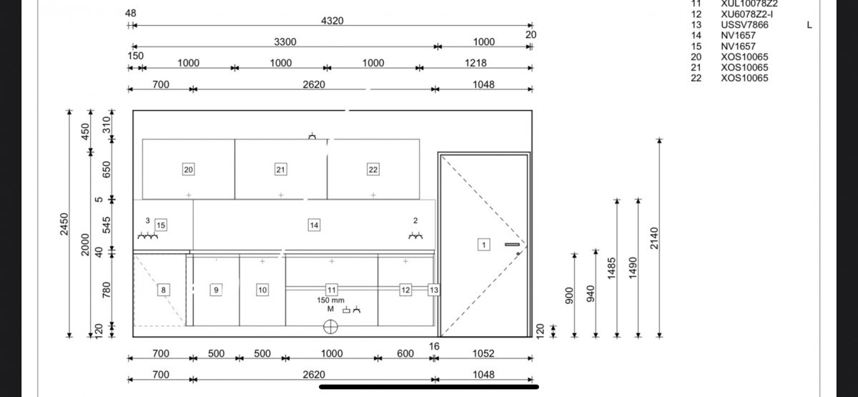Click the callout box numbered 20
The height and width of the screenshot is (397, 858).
[x=188, y=170]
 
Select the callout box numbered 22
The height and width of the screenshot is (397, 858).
[x=373, y=170]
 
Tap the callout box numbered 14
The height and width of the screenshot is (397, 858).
[x=314, y=225]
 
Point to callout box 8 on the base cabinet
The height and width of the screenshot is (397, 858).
[x=164, y=290]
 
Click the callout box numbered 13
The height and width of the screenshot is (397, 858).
[x=433, y=290]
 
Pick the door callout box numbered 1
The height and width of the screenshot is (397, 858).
[x=484, y=245]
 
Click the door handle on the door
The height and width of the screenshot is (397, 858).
[x=512, y=245]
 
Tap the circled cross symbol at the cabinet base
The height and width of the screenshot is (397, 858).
[x=330, y=327]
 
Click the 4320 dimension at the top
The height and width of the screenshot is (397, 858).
[x=332, y=21]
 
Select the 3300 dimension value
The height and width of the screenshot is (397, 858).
[x=285, y=41]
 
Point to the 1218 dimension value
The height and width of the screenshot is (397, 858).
[x=475, y=63]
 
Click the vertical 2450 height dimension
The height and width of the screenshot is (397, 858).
[x=64, y=224]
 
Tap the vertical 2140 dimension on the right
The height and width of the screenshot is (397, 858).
[x=654, y=238]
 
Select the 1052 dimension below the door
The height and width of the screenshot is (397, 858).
[x=483, y=353]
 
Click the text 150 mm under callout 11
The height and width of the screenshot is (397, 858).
[x=330, y=300]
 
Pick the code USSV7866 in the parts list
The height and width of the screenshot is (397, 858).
[x=744, y=25]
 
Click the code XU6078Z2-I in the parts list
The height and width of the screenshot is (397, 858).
[x=747, y=14]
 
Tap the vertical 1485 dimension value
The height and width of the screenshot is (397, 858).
[x=612, y=268]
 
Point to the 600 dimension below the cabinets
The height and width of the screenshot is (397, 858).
[x=405, y=353]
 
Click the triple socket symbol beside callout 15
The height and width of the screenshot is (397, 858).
[x=148, y=235]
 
